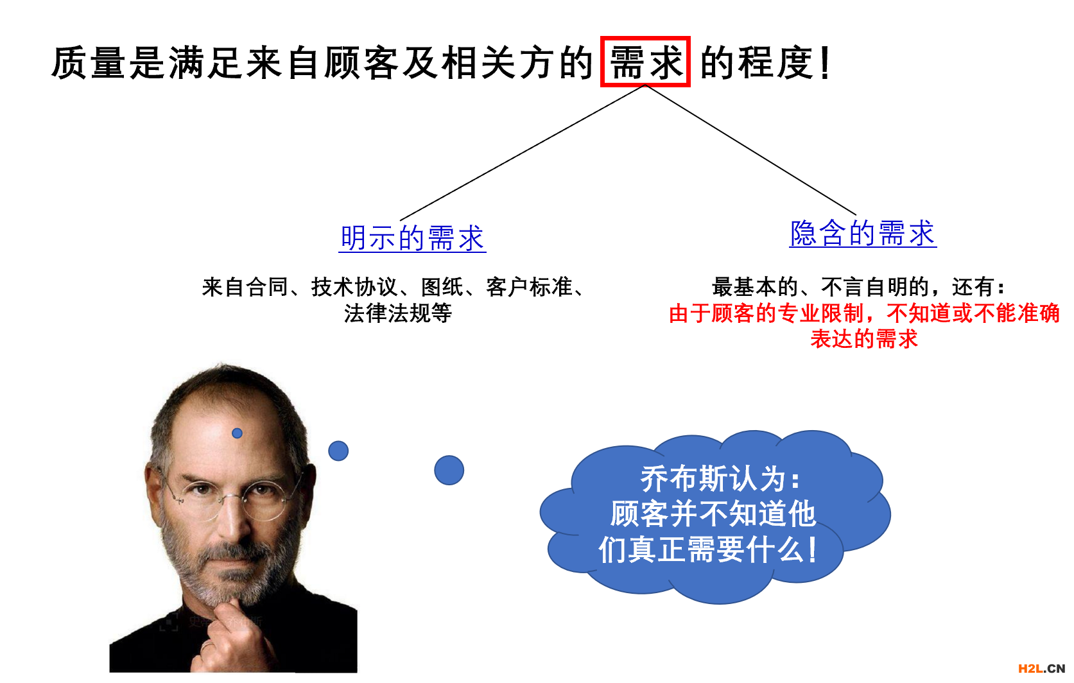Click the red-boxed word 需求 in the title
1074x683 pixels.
pos(645,62)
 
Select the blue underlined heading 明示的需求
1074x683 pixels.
pos(412,238)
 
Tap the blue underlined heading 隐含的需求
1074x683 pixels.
pos(863,233)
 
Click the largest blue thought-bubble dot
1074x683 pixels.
pos(449,470)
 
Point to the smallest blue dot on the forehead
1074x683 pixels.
pos(237,433)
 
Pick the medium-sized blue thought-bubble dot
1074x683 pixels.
pos(338,451)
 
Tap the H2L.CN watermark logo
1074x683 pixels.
pos(1041,669)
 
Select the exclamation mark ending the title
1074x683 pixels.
pos(825,63)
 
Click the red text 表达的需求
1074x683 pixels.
pos(864,339)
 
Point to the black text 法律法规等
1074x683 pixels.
pos(397,313)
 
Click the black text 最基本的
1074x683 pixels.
pos(755,287)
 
